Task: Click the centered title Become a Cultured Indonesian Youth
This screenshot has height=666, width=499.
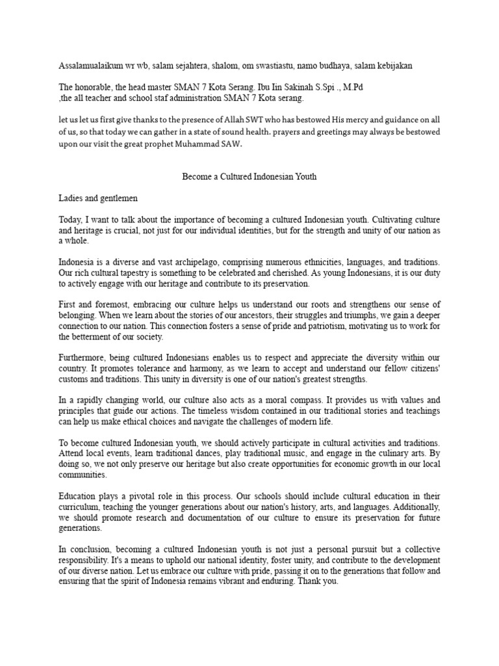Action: (x=249, y=176)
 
